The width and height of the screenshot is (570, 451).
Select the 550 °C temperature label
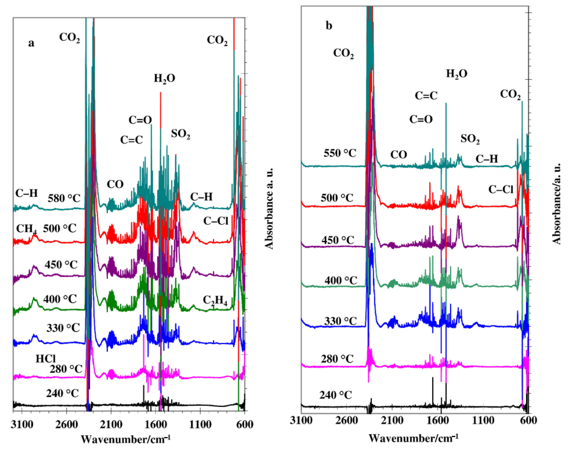tap(340, 153)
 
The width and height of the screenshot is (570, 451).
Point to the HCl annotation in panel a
tap(46, 359)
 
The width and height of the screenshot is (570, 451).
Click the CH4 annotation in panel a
tap(26, 229)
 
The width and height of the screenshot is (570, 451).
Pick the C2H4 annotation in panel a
tap(215, 301)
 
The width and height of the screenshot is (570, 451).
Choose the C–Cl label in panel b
tap(500, 189)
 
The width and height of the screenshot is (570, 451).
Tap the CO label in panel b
tap(399, 155)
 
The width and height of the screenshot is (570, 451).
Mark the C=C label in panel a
tap(131, 139)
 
